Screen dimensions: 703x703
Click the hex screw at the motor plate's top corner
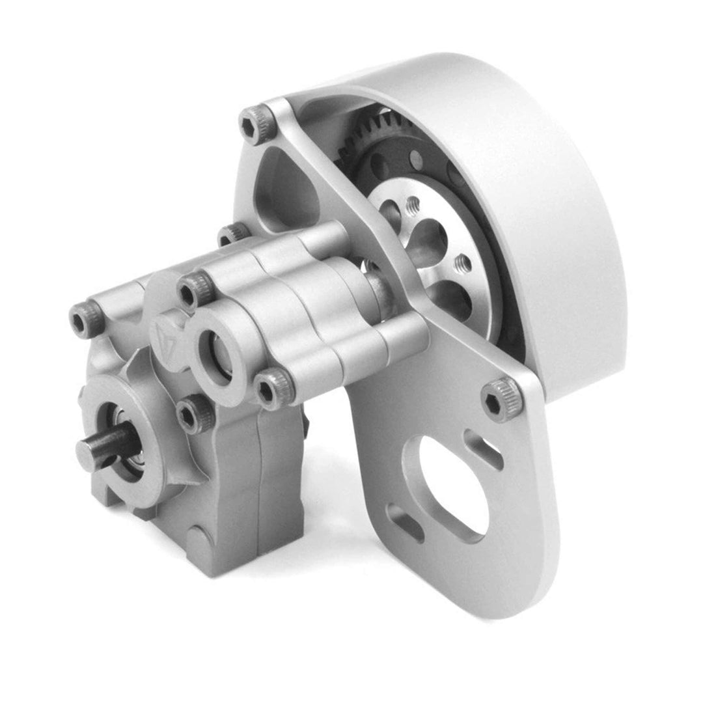pos(256,122)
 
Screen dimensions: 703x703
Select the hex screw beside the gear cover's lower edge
pos(501,398)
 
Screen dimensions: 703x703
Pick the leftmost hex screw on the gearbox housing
pos(87,319)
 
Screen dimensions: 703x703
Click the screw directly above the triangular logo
pos(195,290)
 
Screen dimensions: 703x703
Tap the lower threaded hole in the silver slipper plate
pos(462,264)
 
